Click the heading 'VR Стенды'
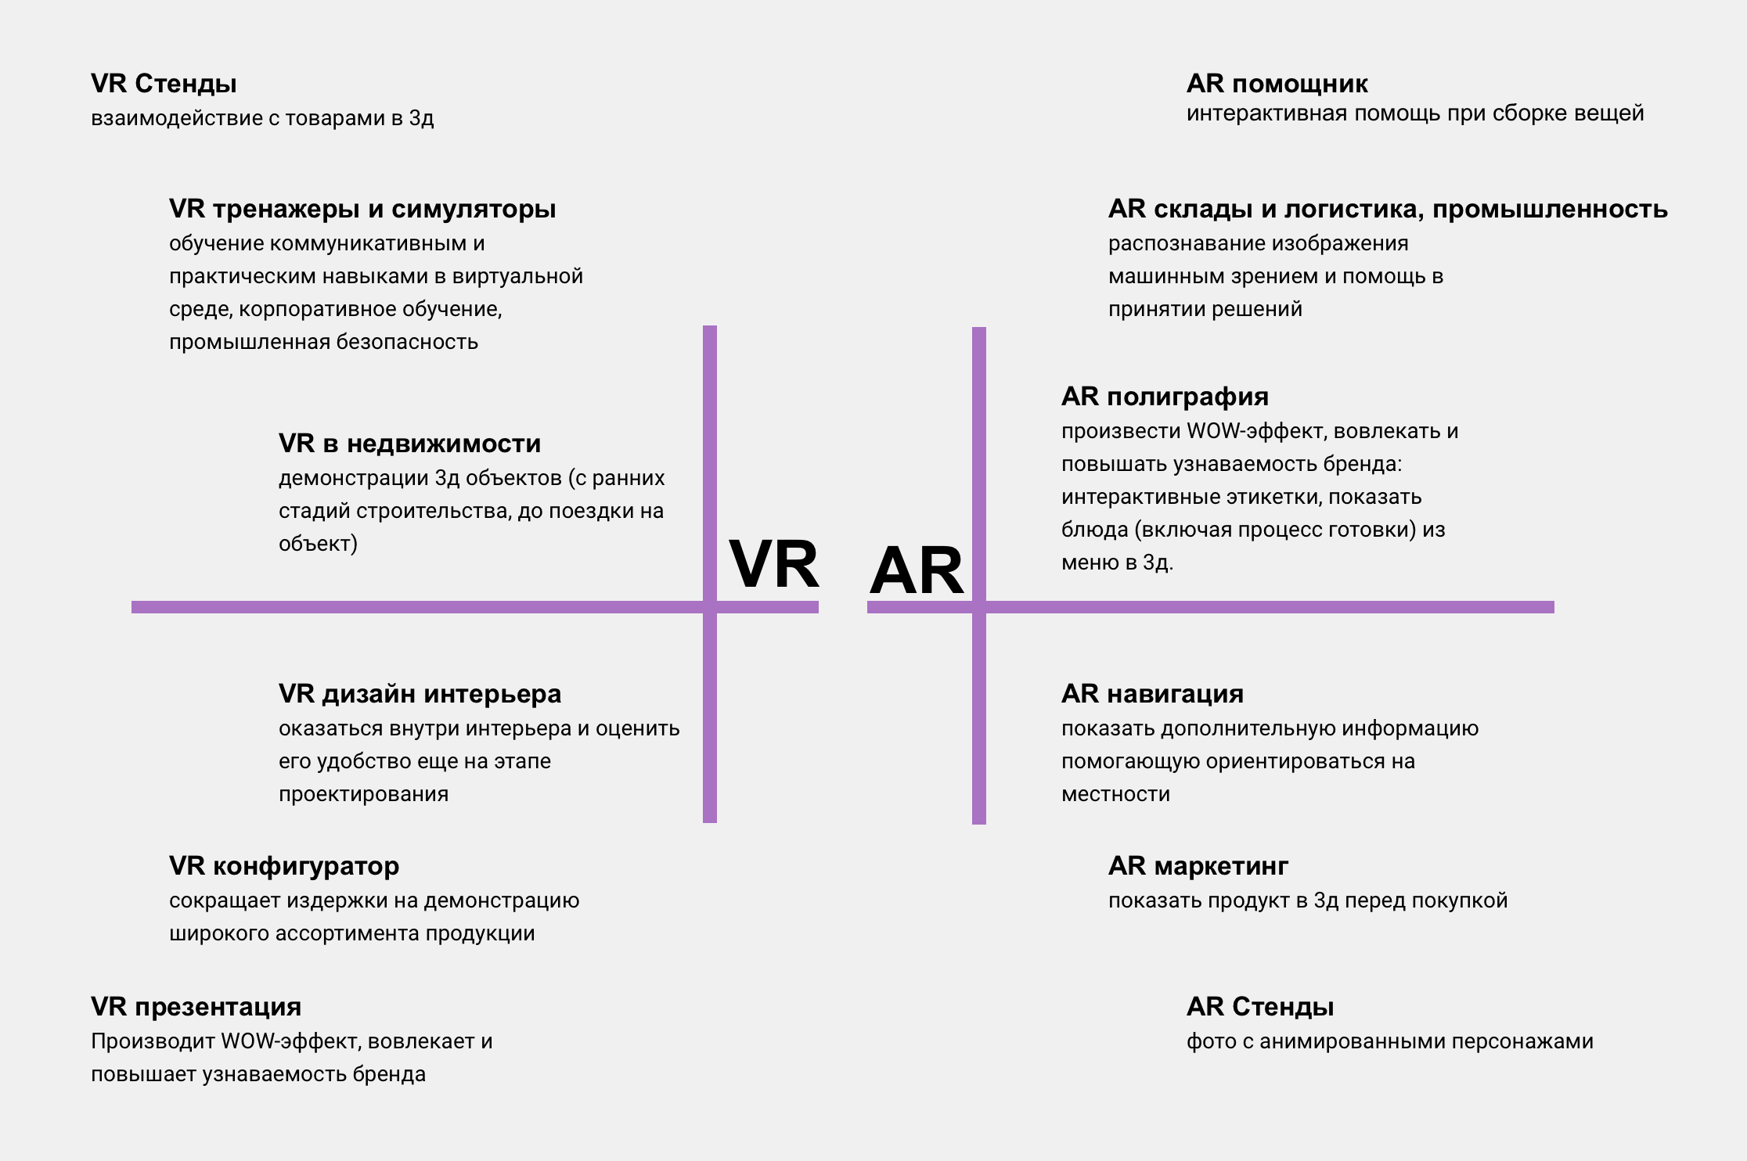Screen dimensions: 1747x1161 tap(164, 84)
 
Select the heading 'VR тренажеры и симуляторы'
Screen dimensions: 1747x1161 tap(362, 209)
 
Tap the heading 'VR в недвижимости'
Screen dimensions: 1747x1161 tap(409, 444)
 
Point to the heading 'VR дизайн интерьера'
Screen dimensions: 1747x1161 tap(420, 694)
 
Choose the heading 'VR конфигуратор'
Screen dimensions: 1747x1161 tap(284, 866)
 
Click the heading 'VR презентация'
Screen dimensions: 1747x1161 tap(196, 1007)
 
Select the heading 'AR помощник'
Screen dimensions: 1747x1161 tap(1277, 84)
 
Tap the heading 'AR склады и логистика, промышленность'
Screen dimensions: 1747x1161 tap(1388, 209)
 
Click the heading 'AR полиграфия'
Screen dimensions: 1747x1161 tap(1165, 397)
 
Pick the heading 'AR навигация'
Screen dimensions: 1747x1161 tap(1152, 694)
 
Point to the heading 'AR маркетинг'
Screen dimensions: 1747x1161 tap(1198, 866)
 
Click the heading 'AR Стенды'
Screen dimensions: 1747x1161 tap(1260, 1007)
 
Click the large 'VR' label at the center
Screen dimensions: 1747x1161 tap(774, 563)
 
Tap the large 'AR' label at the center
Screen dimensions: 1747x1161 tap(916, 571)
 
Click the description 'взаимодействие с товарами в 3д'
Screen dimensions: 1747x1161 tap(262, 119)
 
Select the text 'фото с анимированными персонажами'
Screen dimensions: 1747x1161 tap(1389, 1042)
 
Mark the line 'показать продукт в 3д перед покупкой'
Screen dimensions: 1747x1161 tap(1308, 900)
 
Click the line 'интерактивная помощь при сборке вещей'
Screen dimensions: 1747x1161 tap(1415, 114)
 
